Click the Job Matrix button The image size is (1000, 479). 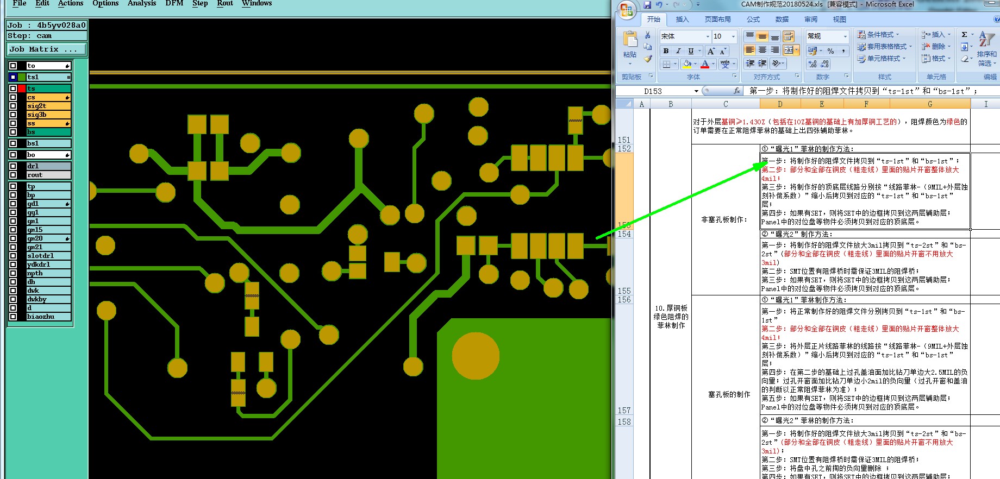(x=46, y=49)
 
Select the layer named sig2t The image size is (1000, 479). (x=48, y=106)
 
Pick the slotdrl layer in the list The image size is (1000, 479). (x=48, y=256)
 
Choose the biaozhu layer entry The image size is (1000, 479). (x=48, y=317)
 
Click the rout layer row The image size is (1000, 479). (x=48, y=175)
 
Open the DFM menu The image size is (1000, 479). (x=174, y=3)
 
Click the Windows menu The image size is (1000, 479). (x=257, y=3)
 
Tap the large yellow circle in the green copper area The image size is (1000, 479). (x=476, y=356)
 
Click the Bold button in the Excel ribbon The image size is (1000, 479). (x=666, y=51)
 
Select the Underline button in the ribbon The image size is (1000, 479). (x=691, y=51)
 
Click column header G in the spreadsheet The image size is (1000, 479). (x=929, y=104)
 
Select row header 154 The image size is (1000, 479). (x=624, y=234)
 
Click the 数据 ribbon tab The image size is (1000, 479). (x=782, y=20)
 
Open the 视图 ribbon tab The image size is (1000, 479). (x=839, y=20)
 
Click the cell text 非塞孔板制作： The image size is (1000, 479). (x=724, y=219)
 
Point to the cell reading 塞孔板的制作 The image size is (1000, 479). (x=729, y=394)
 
